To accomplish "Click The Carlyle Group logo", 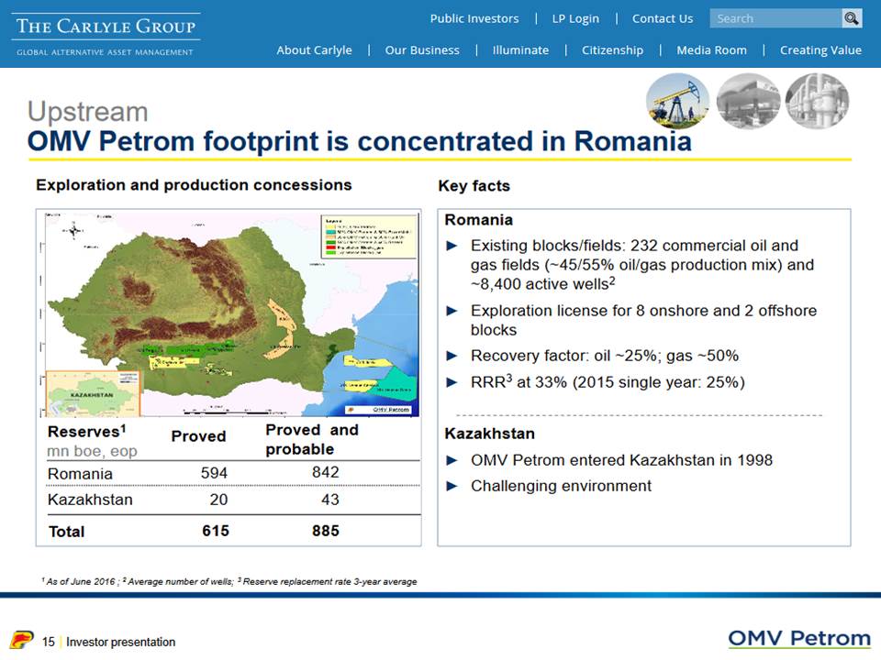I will [106, 34].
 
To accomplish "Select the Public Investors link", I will [474, 18].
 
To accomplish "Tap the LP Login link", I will [575, 18].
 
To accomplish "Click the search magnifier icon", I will [852, 18].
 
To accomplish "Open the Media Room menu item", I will [711, 50].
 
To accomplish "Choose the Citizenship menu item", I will [612, 50].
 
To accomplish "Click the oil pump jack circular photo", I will [676, 100].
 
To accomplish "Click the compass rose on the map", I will [74, 231].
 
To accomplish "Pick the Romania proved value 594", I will [214, 473].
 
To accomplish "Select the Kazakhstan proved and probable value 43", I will [329, 500].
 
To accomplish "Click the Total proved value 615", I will [216, 531].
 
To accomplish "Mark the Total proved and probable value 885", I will [325, 531].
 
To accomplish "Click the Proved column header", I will [198, 436].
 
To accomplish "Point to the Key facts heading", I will [474, 186].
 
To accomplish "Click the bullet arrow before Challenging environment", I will [451, 486].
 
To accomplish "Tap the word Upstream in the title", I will [87, 112].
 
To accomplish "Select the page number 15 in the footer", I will [49, 642].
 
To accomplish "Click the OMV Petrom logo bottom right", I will [798, 639].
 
